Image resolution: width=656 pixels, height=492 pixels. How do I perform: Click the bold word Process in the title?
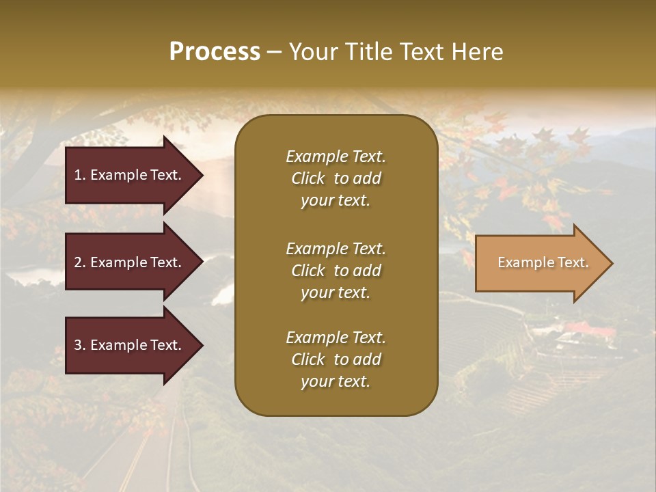point(215,52)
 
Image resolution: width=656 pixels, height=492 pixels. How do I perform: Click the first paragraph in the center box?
point(336,178)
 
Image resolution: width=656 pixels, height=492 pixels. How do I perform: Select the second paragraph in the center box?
point(336,271)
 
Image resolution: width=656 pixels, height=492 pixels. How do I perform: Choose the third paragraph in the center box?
point(336,359)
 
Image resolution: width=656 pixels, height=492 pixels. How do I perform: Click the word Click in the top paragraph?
point(308,178)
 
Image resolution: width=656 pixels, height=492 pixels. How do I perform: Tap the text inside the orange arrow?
point(543,262)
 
